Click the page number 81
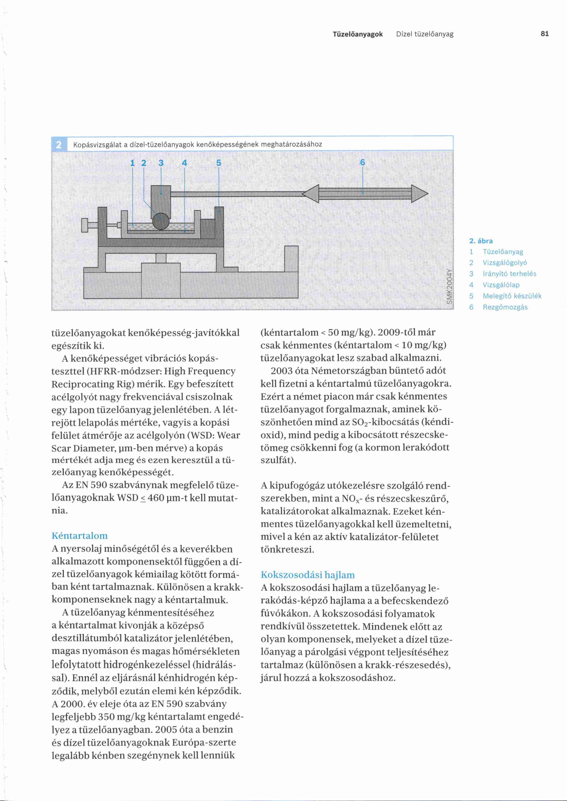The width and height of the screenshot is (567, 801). [x=544, y=34]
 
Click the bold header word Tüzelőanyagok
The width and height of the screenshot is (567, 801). [x=358, y=34]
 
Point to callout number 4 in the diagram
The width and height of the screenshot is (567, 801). [x=184, y=163]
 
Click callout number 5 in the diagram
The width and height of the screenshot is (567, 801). [x=219, y=163]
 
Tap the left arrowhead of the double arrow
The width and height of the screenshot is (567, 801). [x=311, y=194]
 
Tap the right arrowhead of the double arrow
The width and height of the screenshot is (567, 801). [x=419, y=194]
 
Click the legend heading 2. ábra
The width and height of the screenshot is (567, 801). [x=481, y=241]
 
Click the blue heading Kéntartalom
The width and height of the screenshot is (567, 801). [x=80, y=536]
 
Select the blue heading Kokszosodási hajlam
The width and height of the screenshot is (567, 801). [x=308, y=575]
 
